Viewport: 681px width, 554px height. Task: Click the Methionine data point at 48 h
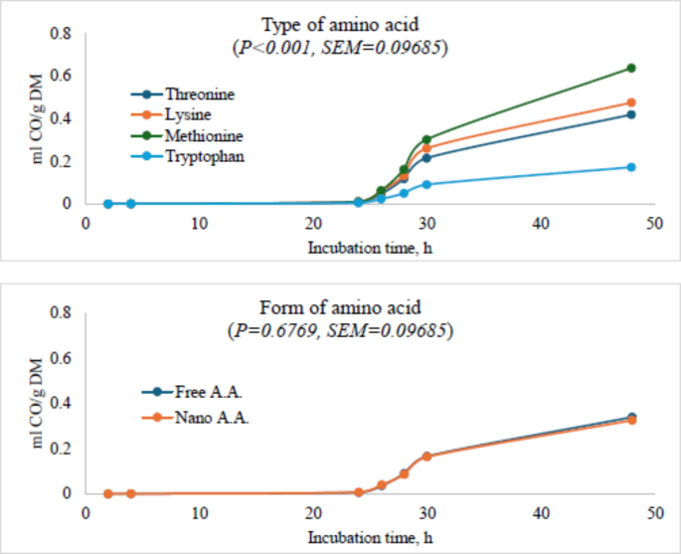(x=630, y=69)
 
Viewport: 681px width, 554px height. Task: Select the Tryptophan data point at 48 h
(x=630, y=167)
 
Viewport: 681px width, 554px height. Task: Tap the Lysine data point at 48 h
(x=630, y=102)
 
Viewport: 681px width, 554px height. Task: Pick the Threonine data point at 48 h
(x=630, y=114)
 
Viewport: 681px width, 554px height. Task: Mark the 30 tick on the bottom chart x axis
(x=426, y=514)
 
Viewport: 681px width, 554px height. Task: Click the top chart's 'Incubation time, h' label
(x=371, y=248)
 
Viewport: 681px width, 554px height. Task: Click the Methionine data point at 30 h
(x=426, y=140)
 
